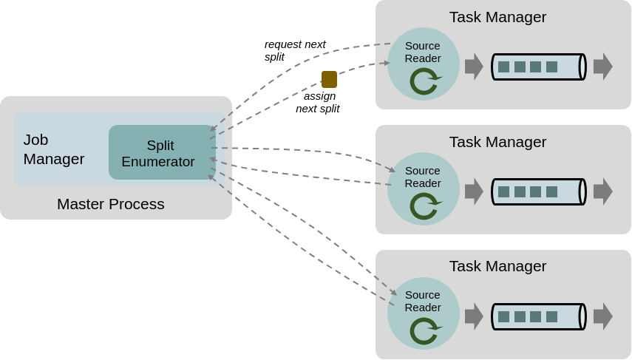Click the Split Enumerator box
click(162, 152)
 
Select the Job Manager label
click(54, 149)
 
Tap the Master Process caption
click(110, 204)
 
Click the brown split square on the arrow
click(329, 79)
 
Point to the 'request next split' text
click(295, 50)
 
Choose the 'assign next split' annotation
click(318, 103)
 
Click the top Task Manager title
click(497, 17)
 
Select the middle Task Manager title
click(497, 142)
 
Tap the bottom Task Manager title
click(497, 266)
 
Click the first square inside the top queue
click(504, 67)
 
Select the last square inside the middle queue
click(551, 192)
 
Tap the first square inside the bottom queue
click(504, 317)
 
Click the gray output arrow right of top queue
click(603, 67)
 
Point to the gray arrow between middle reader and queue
click(474, 191)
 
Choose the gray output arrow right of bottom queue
click(603, 316)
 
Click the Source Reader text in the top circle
click(423, 52)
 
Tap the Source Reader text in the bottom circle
click(423, 301)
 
